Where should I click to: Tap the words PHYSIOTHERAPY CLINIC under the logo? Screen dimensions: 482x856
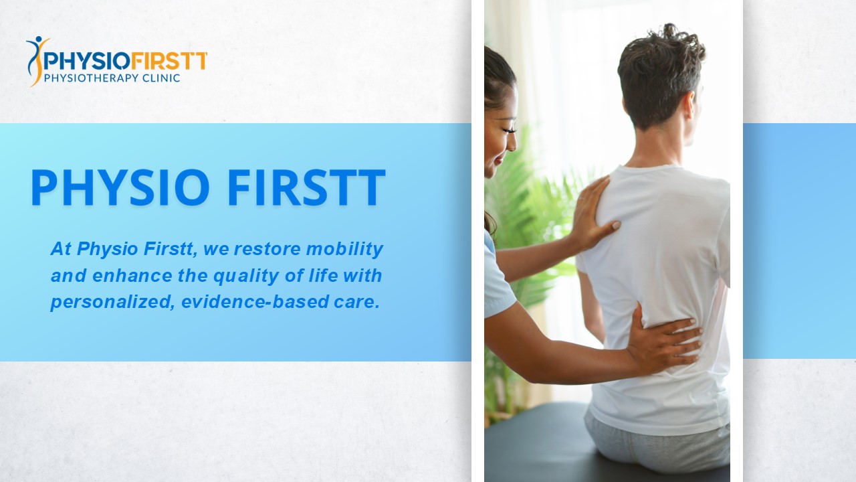[x=112, y=78]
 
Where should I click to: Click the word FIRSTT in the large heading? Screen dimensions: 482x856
[x=306, y=188]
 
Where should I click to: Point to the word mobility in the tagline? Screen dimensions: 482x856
[x=344, y=250]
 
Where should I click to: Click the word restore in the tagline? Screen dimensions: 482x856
[x=268, y=250]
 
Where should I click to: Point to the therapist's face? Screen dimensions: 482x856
[x=502, y=134]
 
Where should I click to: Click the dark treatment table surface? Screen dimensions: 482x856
[x=535, y=442]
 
